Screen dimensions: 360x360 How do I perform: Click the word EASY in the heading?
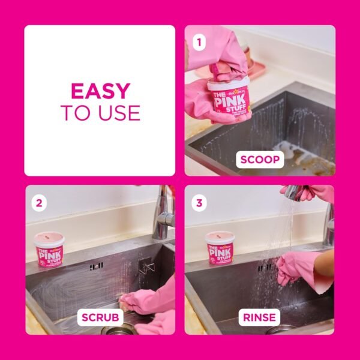pyautogui.click(x=100, y=91)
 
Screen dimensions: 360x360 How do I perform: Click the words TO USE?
pyautogui.click(x=100, y=112)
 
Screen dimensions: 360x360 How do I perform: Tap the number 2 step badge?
pyautogui.click(x=39, y=202)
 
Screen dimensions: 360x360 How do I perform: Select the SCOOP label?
pyautogui.click(x=260, y=160)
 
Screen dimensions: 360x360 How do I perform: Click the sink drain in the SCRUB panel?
pyautogui.click(x=113, y=329)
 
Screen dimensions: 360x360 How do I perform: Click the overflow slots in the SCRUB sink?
pyautogui.click(x=97, y=265)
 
